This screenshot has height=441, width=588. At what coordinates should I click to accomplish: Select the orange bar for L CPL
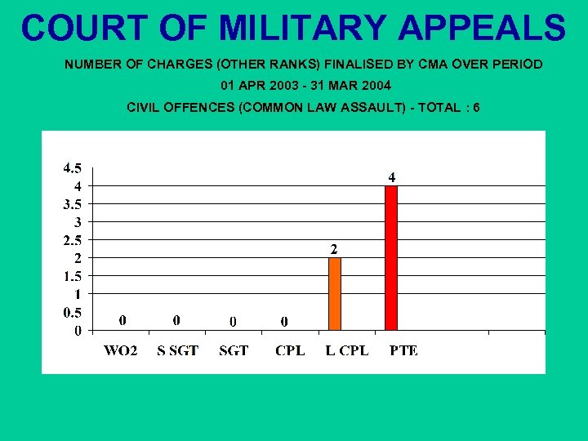click(x=334, y=294)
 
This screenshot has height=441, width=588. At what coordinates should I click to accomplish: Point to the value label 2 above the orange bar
click(x=334, y=248)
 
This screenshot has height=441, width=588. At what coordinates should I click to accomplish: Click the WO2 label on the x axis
click(x=121, y=350)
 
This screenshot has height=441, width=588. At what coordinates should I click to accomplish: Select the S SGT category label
click(x=177, y=350)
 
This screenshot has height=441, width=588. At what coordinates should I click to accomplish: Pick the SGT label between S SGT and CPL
click(x=234, y=350)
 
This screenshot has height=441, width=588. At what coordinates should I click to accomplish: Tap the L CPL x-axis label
click(x=346, y=350)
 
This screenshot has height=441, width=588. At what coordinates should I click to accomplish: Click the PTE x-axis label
click(x=403, y=350)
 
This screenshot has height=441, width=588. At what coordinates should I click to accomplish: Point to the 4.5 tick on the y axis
click(x=72, y=168)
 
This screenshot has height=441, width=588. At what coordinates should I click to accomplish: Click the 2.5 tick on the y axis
click(x=72, y=240)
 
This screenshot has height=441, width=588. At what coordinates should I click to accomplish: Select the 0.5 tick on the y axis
click(x=72, y=312)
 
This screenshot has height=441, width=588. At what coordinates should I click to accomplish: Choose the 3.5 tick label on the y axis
click(x=72, y=204)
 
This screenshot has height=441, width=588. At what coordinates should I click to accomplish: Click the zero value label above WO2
click(x=122, y=320)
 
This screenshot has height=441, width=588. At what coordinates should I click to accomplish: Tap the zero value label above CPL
click(x=284, y=321)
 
